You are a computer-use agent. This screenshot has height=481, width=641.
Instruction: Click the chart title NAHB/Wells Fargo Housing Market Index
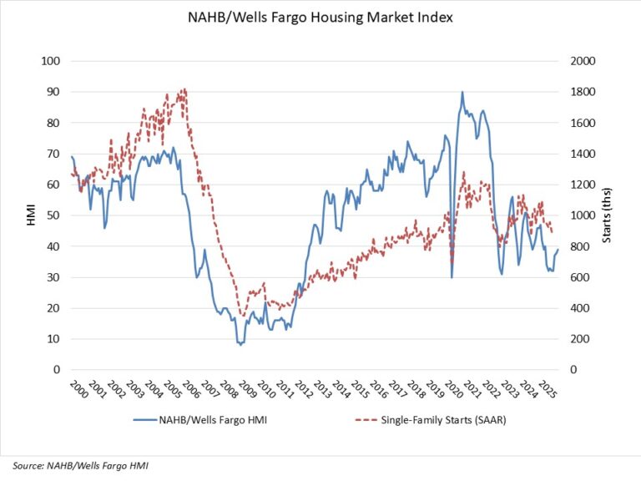click(320, 18)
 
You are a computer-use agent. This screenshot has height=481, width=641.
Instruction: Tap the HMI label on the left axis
click(29, 215)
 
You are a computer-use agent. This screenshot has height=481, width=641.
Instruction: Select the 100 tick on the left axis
click(52, 61)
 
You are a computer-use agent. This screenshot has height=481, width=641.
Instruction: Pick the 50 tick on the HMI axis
click(54, 215)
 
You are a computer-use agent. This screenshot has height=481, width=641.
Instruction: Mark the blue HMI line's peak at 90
click(462, 92)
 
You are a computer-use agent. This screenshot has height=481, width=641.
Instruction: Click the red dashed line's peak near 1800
click(184, 89)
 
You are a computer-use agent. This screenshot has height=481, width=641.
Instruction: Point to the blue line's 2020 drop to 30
click(452, 276)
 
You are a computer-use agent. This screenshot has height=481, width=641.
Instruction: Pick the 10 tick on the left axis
click(54, 339)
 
